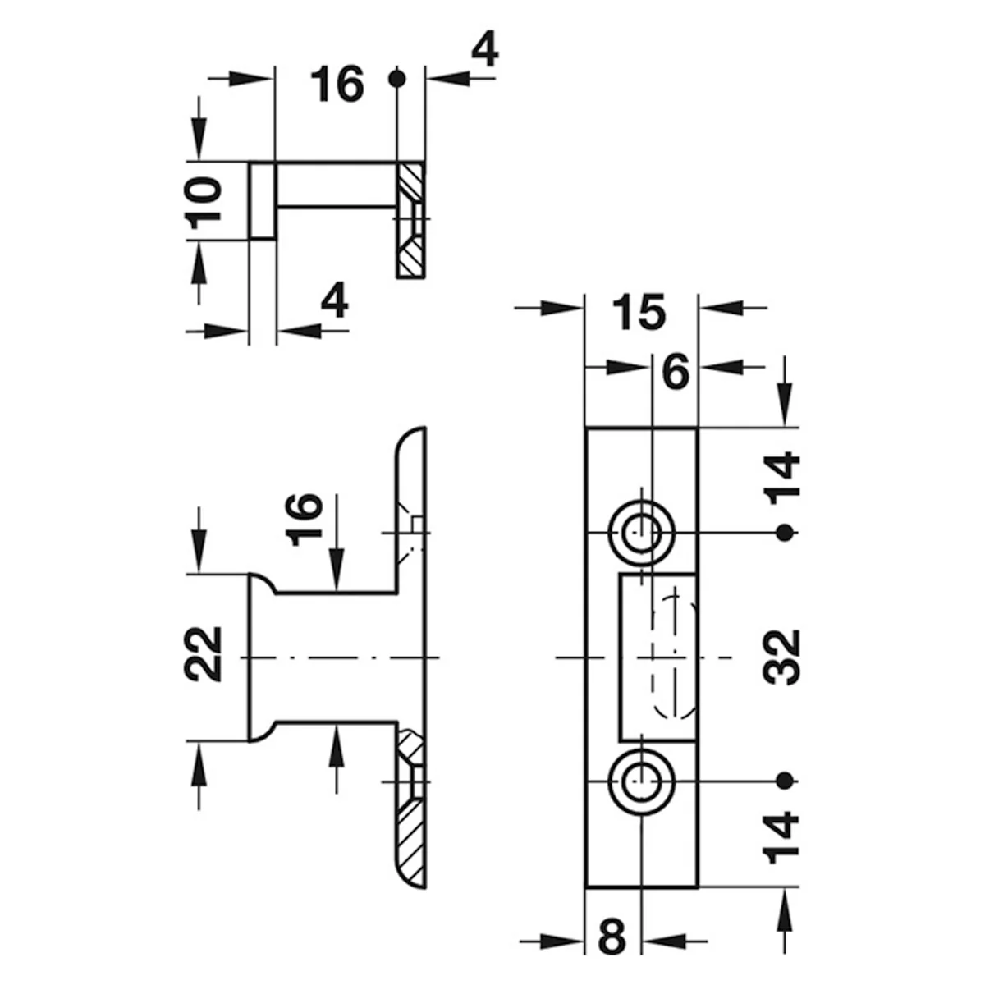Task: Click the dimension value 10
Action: [x=204, y=202]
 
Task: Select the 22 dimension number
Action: [x=203, y=655]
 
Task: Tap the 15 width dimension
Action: [x=639, y=312]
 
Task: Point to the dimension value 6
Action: [x=676, y=372]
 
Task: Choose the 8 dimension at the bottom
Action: [x=612, y=937]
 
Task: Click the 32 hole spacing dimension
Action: [x=781, y=657]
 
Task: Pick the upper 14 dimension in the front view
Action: [x=781, y=478]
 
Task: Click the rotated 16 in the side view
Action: [x=305, y=520]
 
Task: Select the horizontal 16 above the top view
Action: [x=338, y=84]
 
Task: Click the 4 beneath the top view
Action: [x=335, y=300]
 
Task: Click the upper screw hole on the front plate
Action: [x=642, y=534]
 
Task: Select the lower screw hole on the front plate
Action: [x=642, y=781]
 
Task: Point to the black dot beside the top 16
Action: [x=397, y=79]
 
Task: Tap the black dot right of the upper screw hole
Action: [x=785, y=534]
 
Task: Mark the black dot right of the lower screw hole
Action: [x=785, y=781]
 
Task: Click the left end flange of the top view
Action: [x=263, y=200]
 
